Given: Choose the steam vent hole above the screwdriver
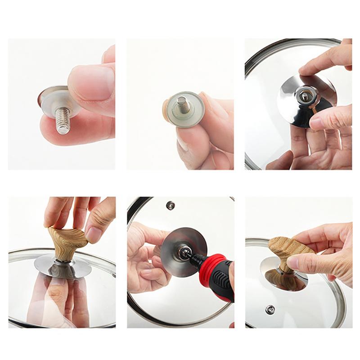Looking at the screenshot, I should click(170, 205).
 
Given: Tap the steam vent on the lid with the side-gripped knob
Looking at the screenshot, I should click(270, 310).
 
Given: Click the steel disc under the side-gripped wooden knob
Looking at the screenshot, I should click(270, 277).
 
